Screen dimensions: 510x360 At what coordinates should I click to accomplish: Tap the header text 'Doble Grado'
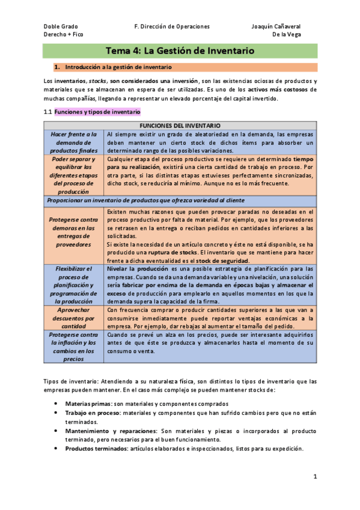pos(61,27)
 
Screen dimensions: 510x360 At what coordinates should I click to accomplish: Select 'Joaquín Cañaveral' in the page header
pos(276,27)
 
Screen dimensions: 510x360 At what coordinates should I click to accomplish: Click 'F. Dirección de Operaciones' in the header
pos(172,27)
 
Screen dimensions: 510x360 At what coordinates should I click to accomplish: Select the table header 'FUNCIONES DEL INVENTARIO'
pos(179,124)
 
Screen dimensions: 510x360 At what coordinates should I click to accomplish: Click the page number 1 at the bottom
pos(314,477)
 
